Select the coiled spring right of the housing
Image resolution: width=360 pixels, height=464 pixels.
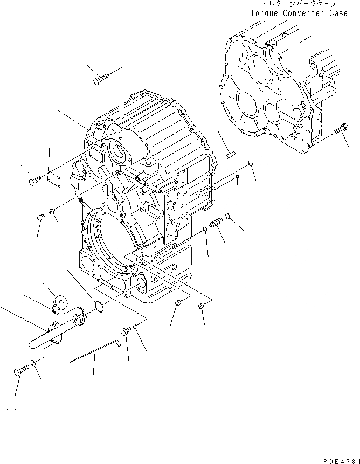click(x=216, y=223)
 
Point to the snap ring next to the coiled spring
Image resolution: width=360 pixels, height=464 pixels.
click(x=229, y=217)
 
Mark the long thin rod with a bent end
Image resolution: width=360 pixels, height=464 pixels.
click(x=94, y=353)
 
